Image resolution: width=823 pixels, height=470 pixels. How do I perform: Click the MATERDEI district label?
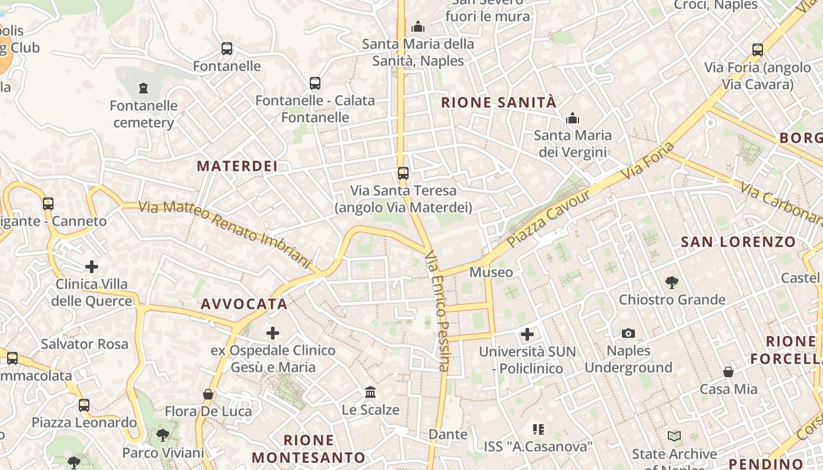click(237, 166)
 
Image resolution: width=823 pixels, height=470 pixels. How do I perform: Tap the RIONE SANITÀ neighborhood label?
click(499, 103)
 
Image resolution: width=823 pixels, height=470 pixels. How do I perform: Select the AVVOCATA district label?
click(244, 304)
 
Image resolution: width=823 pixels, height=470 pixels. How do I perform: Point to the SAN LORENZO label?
click(738, 242)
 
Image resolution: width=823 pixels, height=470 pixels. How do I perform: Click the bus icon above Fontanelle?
click(227, 49)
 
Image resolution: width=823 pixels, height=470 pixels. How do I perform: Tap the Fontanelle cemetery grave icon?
click(143, 89)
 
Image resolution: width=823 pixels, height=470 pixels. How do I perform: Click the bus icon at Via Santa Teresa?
click(403, 173)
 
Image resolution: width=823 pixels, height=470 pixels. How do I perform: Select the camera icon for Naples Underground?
click(628, 334)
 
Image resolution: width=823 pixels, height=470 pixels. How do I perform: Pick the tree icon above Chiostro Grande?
click(672, 283)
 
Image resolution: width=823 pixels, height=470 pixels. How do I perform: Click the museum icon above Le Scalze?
click(370, 392)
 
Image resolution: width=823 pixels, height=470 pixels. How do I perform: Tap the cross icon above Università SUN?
click(527, 334)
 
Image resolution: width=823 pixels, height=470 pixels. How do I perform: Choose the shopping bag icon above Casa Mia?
click(728, 372)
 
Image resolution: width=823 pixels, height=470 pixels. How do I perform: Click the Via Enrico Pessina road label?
click(438, 311)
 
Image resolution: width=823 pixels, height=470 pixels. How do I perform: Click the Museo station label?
click(491, 273)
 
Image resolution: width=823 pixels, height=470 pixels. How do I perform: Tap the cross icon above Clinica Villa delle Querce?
click(92, 267)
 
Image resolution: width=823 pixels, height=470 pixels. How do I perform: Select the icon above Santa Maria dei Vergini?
click(573, 119)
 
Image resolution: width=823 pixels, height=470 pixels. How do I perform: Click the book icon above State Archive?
click(674, 437)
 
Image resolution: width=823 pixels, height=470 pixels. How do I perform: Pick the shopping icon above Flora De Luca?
click(208, 394)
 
